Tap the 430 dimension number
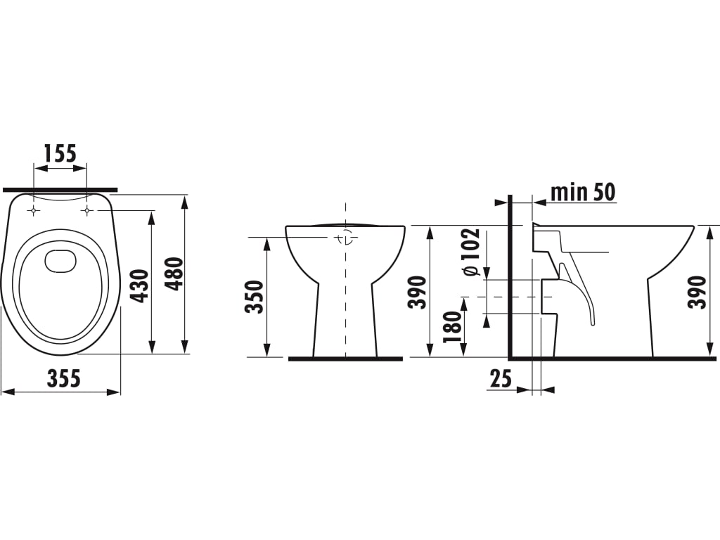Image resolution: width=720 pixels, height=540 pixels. [140, 286]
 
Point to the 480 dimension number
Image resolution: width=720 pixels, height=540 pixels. [174, 274]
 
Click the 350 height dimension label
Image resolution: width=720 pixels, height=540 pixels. [255, 297]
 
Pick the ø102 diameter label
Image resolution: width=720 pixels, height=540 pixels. [471, 252]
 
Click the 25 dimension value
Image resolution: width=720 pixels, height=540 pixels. [501, 378]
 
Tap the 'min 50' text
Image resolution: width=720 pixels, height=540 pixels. [583, 192]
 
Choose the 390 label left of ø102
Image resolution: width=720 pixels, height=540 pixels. [418, 292]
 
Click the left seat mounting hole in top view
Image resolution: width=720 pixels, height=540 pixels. [34, 210]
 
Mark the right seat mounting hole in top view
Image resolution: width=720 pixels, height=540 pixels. [86, 210]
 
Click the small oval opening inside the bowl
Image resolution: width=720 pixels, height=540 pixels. [61, 261]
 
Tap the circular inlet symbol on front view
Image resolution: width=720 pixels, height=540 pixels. [345, 238]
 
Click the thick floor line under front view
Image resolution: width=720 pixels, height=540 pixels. [345, 359]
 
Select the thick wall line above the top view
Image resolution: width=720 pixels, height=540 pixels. [60, 189]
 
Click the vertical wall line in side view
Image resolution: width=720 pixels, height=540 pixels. [510, 277]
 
